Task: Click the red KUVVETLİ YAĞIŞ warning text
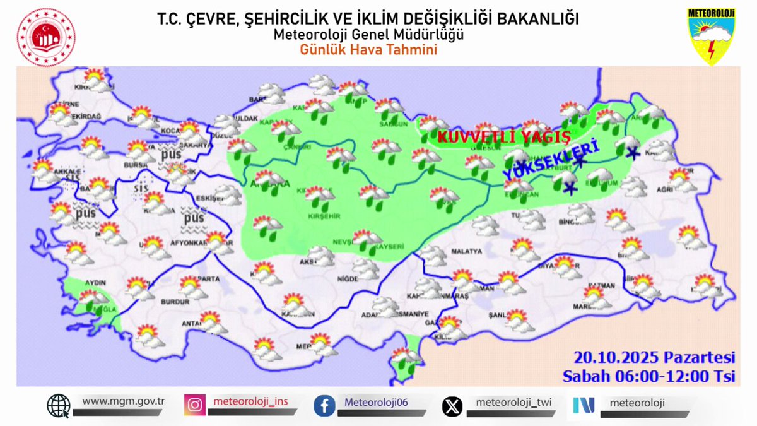(x=503, y=137)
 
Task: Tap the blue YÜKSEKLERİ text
(x=549, y=161)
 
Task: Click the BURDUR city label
(x=175, y=302)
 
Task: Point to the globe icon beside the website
(x=59, y=405)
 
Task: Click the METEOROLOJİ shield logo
(x=711, y=36)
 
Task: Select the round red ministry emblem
(x=46, y=37)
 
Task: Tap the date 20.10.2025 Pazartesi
(x=655, y=358)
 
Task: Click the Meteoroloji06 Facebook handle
(x=376, y=402)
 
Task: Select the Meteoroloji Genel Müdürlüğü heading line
(x=368, y=35)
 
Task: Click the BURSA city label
(x=136, y=165)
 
